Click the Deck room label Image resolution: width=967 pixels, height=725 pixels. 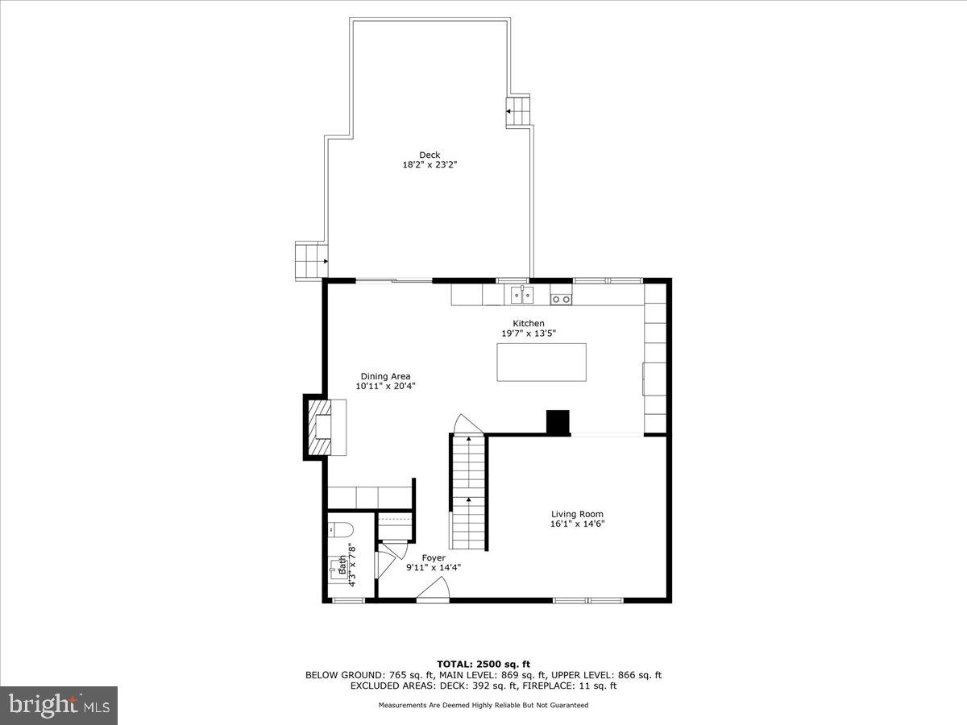click(x=429, y=155)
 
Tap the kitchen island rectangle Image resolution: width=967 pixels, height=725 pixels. click(x=541, y=362)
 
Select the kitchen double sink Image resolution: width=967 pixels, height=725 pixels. click(x=522, y=296)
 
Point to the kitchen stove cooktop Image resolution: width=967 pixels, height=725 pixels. click(x=561, y=300)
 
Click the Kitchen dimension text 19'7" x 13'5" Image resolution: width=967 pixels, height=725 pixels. click(x=529, y=333)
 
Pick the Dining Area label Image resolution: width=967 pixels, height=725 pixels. click(x=385, y=376)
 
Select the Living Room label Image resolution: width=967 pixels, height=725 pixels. click(x=577, y=514)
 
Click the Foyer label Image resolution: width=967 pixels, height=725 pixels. click(x=434, y=557)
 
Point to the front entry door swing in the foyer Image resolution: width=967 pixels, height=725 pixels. click(x=434, y=593)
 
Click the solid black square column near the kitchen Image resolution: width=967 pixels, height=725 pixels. click(x=558, y=422)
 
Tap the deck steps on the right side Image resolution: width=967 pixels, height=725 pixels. click(x=520, y=110)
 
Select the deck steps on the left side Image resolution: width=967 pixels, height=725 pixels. click(x=310, y=260)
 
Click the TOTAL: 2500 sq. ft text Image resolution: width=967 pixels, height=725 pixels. click(x=483, y=664)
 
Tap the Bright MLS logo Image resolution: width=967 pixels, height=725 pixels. click(x=59, y=705)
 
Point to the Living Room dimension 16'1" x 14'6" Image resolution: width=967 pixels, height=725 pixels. click(x=577, y=524)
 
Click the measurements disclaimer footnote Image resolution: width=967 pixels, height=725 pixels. click(x=483, y=705)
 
